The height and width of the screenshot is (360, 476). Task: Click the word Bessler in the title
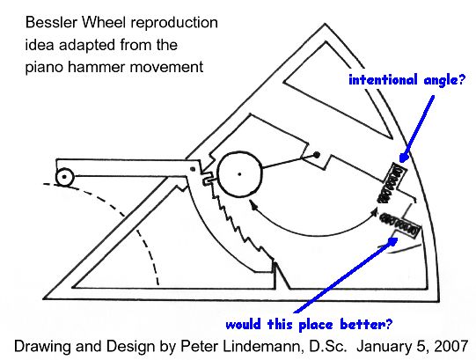tap(51, 23)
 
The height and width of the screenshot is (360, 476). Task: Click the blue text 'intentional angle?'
tap(406, 80)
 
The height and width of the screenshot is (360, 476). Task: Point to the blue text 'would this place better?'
tap(309, 325)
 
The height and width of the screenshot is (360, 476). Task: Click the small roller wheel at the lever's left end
tap(64, 177)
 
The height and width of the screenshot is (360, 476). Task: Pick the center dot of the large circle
tap(239, 174)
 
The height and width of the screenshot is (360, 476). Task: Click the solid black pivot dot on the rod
tap(317, 155)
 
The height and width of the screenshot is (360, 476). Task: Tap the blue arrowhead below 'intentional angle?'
tap(404, 157)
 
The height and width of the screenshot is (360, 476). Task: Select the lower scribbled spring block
tap(400, 224)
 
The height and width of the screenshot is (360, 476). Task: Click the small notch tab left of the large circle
tap(207, 180)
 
